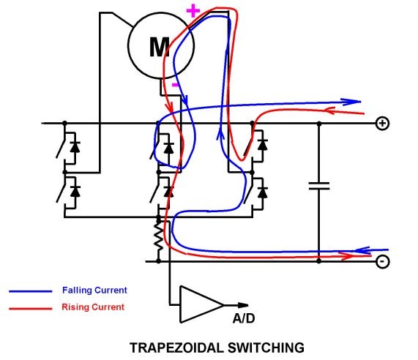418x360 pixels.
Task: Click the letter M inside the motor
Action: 160,47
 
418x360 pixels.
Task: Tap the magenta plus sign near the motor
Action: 193,11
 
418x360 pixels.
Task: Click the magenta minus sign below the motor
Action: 175,85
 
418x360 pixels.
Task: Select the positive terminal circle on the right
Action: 383,124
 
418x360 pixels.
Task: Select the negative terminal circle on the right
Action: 383,261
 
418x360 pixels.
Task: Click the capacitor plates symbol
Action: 319,186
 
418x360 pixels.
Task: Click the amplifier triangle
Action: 202,304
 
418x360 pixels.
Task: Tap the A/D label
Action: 244,318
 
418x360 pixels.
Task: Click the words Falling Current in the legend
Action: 94,290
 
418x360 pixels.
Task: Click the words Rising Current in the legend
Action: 93,307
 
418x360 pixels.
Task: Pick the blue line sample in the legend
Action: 31,291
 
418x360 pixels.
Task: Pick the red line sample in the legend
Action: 31,309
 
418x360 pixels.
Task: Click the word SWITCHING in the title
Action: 266,348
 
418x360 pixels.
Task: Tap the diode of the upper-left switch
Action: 75,147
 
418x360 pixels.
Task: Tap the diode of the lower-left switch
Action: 75,191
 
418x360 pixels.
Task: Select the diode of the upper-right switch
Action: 263,144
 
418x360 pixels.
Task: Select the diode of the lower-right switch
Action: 263,192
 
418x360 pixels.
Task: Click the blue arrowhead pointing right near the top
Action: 351,102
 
